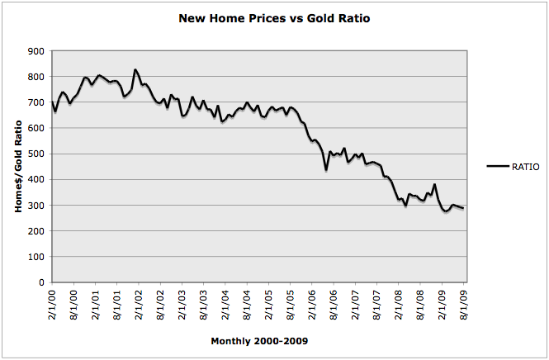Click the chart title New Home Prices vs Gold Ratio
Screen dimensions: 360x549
coord(274,17)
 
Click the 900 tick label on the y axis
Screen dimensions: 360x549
coord(36,51)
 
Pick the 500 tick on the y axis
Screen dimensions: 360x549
coord(36,154)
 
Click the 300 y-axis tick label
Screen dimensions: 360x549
coord(36,206)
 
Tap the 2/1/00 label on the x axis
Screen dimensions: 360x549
coord(52,305)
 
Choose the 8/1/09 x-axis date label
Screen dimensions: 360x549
coord(463,305)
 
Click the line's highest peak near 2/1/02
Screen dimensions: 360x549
coord(135,70)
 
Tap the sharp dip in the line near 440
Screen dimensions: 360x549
coord(326,169)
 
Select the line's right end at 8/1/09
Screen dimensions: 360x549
coord(463,208)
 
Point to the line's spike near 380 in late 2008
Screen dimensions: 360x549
coord(434,185)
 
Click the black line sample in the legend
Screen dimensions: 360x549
coord(498,167)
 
